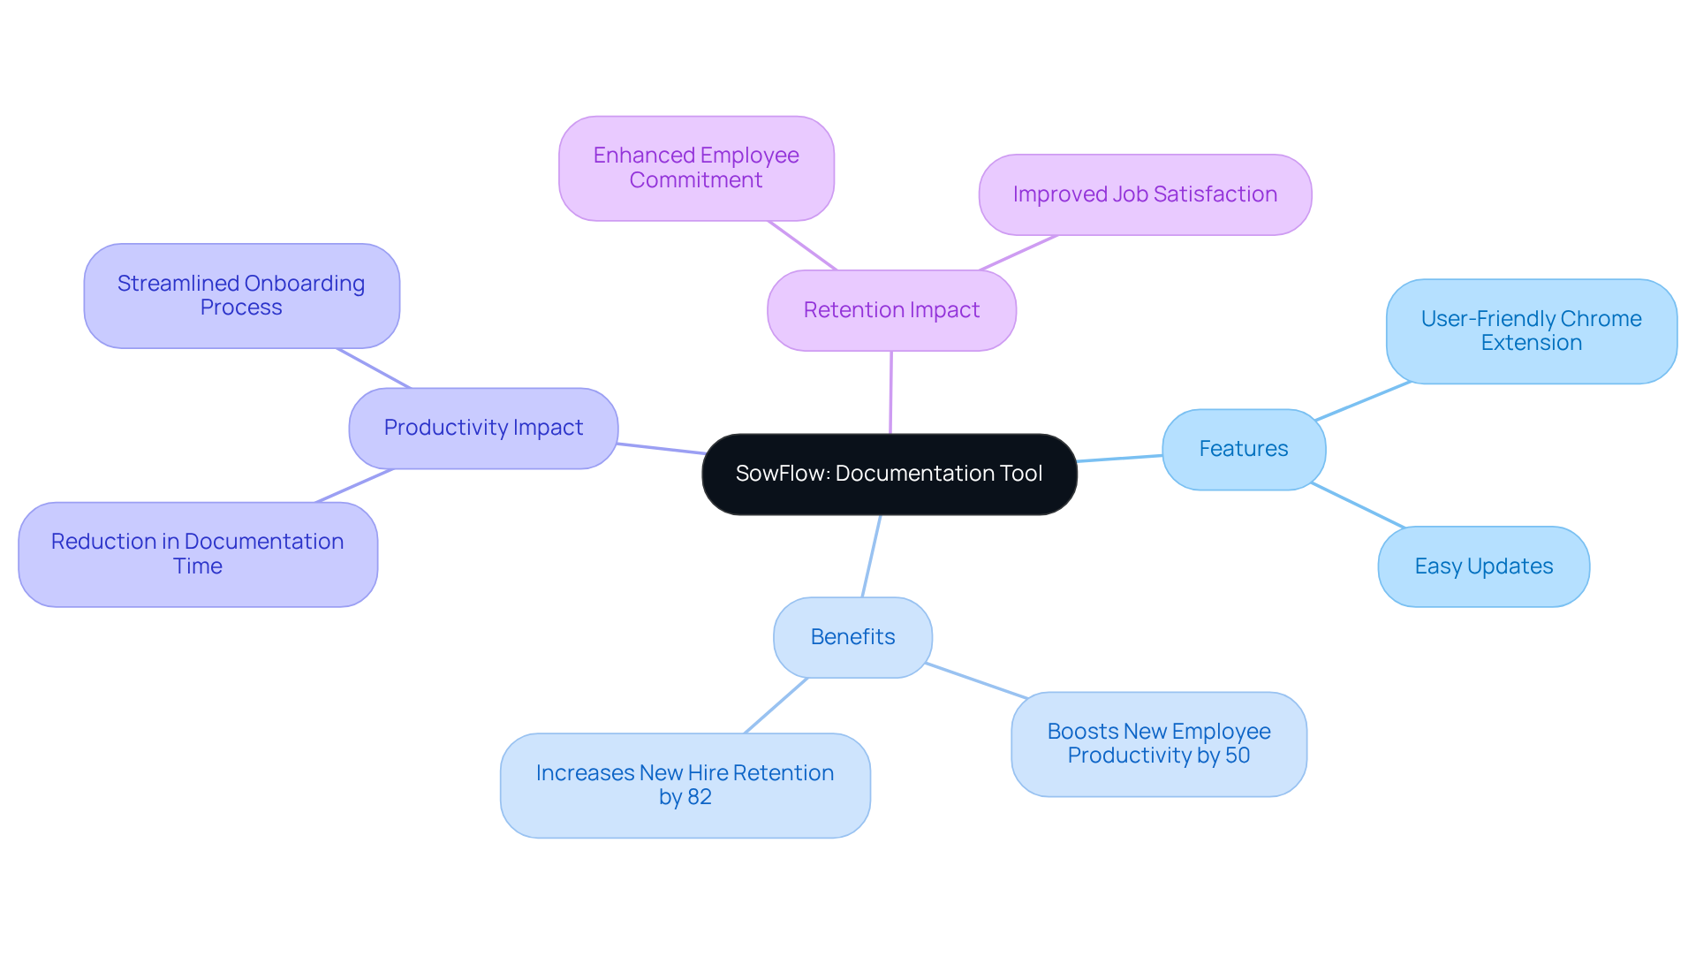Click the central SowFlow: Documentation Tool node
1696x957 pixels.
tap(889, 475)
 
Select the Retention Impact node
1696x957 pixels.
tap(891, 310)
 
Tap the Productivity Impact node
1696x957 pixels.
tap(483, 428)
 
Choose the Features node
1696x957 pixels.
tap(1243, 449)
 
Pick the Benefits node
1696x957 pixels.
tap(852, 637)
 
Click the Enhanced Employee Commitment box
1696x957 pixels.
tap(696, 168)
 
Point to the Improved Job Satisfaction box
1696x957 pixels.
tap(1145, 194)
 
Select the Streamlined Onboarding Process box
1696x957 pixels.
tap(241, 295)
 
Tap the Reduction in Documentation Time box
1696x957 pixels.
tap(197, 554)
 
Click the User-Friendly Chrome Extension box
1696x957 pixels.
tap(1531, 330)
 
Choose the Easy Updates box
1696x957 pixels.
tap(1483, 566)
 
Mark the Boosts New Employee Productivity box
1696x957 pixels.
tap(1158, 743)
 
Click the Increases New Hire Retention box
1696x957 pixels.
tap(685, 785)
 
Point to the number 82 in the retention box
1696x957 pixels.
tap(700, 797)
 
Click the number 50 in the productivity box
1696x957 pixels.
tap(1237, 756)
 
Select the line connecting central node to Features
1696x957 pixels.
tap(1119, 458)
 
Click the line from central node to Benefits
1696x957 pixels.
tap(872, 556)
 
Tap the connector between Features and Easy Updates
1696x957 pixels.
tap(1358, 505)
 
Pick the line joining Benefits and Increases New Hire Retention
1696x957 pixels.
tap(776, 705)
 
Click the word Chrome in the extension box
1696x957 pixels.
tap(1601, 319)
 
